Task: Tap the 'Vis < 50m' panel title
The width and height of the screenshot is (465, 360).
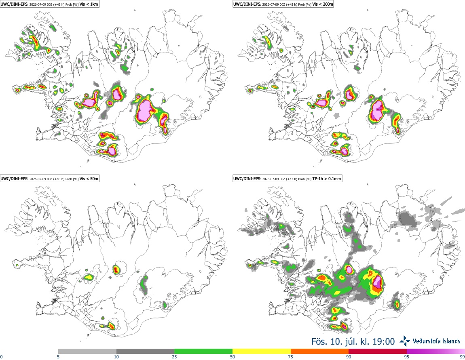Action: pyautogui.click(x=89, y=179)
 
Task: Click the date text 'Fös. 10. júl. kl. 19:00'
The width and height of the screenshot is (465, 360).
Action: pyautogui.click(x=353, y=342)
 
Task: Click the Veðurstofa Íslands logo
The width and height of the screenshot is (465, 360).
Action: pyautogui.click(x=430, y=341)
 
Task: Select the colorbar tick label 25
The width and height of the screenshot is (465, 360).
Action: pyautogui.click(x=174, y=357)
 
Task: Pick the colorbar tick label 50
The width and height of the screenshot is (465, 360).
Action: pyautogui.click(x=232, y=357)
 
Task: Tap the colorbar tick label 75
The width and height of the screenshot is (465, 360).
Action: pyautogui.click(x=291, y=357)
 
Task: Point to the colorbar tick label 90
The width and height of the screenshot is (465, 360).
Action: pyautogui.click(x=349, y=357)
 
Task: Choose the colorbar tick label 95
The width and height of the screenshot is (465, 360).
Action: pyautogui.click(x=407, y=357)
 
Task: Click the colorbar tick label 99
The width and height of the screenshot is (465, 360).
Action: pyautogui.click(x=462, y=357)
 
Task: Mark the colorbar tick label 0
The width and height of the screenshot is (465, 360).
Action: pyautogui.click(x=2, y=357)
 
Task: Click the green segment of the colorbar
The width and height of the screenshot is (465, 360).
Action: pyautogui.click(x=203, y=351)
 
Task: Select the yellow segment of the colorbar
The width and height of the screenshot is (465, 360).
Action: pyautogui.click(x=262, y=351)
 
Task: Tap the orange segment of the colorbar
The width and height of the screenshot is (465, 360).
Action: pyautogui.click(x=320, y=351)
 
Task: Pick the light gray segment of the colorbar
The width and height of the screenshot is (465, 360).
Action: pyautogui.click(x=87, y=351)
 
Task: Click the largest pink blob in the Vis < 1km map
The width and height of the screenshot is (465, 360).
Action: pyautogui.click(x=145, y=109)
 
